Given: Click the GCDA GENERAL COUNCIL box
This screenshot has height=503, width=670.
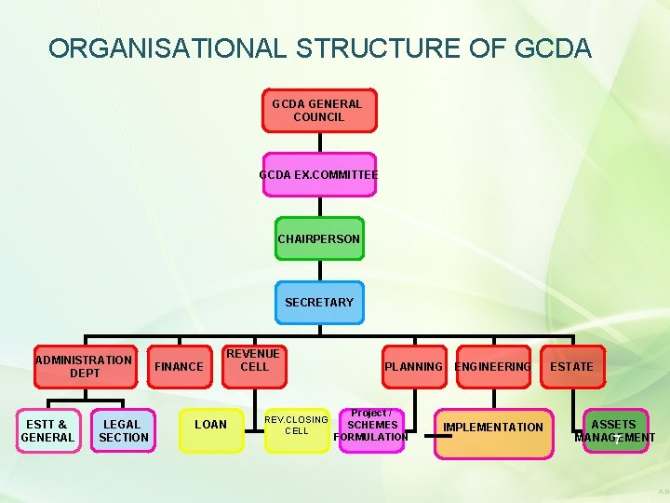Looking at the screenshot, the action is (318, 111).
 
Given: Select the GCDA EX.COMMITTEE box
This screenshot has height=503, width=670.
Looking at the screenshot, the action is (318, 174).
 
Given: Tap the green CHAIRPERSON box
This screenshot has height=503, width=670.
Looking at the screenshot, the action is (319, 238).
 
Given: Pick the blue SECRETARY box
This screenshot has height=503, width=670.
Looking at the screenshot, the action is (319, 303).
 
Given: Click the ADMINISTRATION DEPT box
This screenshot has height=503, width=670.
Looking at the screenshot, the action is (84, 366).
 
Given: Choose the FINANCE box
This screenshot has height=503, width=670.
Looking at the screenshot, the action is (179, 366).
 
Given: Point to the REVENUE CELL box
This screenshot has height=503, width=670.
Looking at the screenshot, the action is (254, 360).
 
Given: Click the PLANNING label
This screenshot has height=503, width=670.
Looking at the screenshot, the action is (413, 366).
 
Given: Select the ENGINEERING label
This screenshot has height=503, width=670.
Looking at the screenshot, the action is (492, 366).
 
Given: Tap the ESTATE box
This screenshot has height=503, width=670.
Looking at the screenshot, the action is (571, 366).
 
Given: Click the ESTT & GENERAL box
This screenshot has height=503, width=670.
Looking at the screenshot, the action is (47, 430).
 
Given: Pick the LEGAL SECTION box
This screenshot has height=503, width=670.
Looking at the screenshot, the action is (123, 430).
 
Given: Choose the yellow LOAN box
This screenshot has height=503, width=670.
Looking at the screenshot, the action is (210, 426).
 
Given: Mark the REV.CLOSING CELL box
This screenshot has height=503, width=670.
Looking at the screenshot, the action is (296, 426).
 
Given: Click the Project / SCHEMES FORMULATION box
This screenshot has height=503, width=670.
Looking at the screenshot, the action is (371, 426).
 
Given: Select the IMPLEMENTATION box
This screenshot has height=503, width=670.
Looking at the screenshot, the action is (493, 428).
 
